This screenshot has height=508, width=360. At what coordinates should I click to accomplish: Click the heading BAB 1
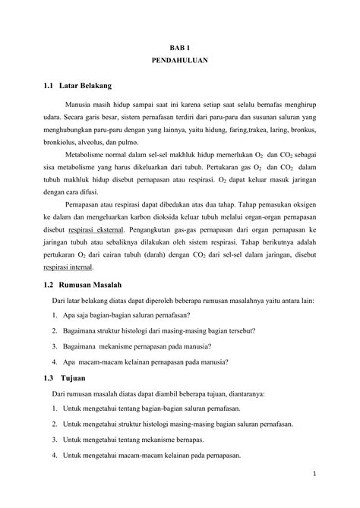click(180, 47)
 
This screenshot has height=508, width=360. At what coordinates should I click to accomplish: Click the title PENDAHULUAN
click(180, 61)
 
